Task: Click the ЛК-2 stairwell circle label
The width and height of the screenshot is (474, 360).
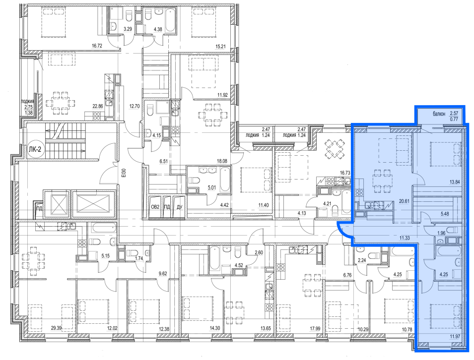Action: pos(34,150)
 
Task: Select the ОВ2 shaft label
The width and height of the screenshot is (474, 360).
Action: pos(155,207)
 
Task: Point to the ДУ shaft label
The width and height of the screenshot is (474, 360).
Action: pos(180,207)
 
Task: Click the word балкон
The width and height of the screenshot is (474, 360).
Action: pos(439,114)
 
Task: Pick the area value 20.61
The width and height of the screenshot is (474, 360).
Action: pos(404,200)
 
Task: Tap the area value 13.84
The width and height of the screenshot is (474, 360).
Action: pos(455,182)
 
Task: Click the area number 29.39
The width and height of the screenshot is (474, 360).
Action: pos(56,328)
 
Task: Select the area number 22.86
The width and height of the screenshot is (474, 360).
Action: pos(98,106)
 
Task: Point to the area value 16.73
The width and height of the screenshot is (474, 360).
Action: pos(345,173)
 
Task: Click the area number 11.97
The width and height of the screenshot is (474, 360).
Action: pos(455,337)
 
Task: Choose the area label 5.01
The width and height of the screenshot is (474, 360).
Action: pos(212,187)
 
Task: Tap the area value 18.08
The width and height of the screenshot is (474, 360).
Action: pos(222,161)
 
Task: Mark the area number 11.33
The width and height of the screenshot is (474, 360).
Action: pos(405,238)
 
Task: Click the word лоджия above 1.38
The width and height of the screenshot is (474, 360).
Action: pos(27,102)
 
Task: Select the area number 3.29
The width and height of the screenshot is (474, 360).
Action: pos(128,29)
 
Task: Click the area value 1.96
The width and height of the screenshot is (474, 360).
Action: pos(442,233)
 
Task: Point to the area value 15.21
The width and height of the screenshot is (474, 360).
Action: pos(221,47)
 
